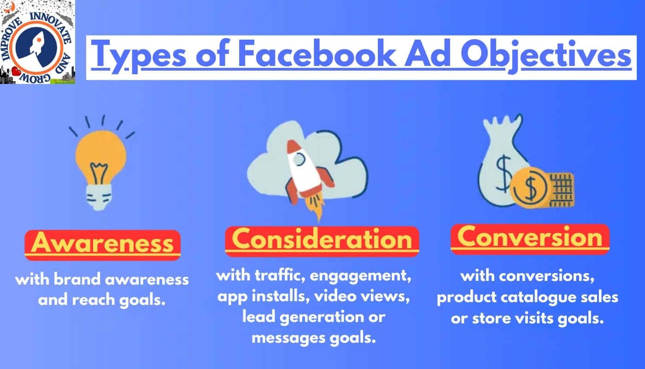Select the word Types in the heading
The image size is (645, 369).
139,56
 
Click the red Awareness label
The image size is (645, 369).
102,245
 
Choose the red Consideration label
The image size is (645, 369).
322,242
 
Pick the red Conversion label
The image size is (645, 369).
530,239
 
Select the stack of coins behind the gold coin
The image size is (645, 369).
562,190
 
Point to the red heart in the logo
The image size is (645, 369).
16,71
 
